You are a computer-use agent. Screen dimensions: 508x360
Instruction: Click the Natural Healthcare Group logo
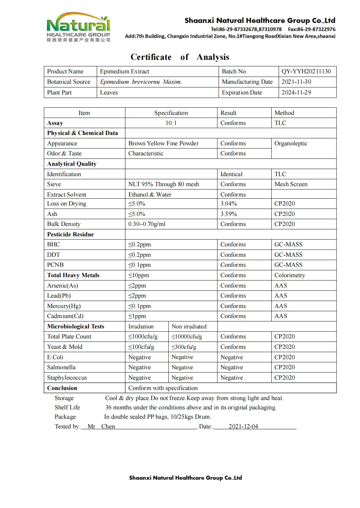pos(79,27)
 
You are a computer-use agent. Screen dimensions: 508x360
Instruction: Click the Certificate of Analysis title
pos(180,57)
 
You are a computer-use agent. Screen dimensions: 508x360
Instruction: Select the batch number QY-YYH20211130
pos(306,72)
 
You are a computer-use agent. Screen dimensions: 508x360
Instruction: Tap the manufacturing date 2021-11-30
pos(296,82)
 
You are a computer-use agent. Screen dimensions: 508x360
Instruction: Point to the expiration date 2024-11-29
pos(296,93)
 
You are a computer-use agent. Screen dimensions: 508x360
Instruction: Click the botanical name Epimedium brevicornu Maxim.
pos(141,82)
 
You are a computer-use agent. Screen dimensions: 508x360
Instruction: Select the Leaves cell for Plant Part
pos(109,93)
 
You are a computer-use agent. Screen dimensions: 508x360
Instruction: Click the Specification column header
pos(171,113)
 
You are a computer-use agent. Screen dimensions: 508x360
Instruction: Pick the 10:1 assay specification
pos(171,123)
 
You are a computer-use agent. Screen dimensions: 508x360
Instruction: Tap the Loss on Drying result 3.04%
pos(229,204)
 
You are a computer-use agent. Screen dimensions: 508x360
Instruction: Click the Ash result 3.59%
pos(229,214)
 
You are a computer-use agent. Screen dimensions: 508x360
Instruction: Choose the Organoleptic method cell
pos(291,144)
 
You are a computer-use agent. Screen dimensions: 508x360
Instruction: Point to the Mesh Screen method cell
pos(291,184)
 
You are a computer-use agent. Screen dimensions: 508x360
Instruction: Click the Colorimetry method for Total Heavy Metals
pos(290,275)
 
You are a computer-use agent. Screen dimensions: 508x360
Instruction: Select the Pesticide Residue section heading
pos(71,235)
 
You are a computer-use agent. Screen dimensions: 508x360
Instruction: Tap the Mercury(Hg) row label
pos(64,306)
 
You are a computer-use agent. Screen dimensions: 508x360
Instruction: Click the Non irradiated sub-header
pos(189,327)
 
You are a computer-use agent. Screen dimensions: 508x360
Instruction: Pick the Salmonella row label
pos(61,368)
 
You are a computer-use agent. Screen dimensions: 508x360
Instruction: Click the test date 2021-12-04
pos(243,427)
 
